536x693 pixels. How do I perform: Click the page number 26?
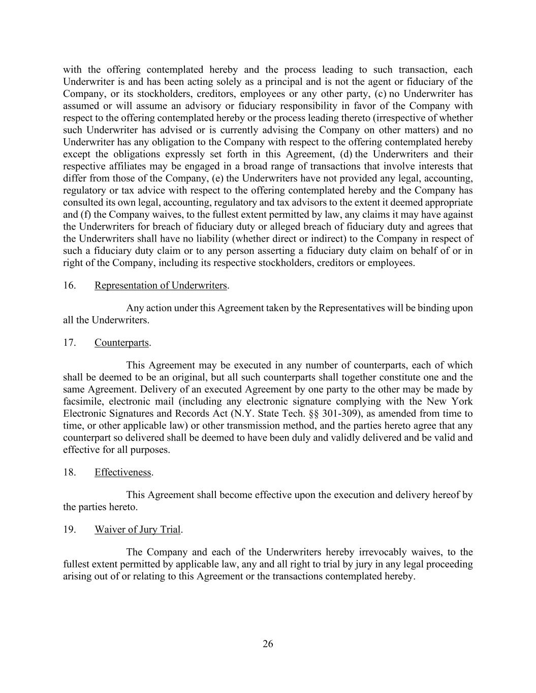pos(268,644)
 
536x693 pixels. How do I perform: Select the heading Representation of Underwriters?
pos(161,285)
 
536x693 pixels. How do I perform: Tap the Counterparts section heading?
pos(121,343)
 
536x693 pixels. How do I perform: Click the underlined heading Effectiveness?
pos(123,472)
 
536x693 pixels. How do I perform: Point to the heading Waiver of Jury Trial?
pos(138,530)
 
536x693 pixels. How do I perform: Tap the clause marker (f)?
pos(86,215)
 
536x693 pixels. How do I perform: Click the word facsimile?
pos(81,389)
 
